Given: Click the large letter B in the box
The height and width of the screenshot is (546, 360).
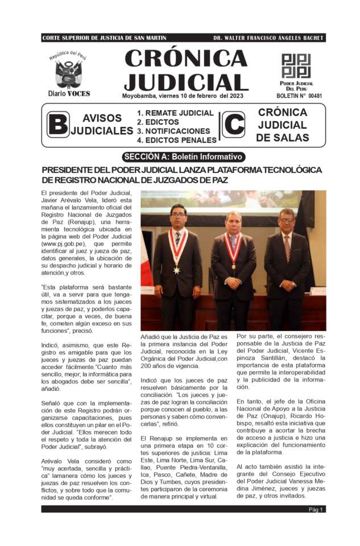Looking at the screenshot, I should click(57, 125).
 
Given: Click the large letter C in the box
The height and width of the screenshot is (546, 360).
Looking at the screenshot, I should click(233, 125).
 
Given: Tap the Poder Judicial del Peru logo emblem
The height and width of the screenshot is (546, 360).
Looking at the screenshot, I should click(296, 66).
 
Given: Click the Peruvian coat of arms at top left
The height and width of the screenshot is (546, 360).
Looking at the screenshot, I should click(68, 73).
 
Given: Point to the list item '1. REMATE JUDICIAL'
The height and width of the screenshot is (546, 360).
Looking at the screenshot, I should click(175, 113).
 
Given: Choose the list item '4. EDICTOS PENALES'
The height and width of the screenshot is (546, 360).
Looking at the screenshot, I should click(176, 140).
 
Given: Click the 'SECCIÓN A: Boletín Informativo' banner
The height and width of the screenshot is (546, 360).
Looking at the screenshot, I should click(184, 157).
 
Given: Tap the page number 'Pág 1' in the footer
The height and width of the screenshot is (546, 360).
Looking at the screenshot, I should click(316, 510).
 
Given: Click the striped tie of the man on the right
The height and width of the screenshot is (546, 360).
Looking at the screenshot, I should click(287, 248).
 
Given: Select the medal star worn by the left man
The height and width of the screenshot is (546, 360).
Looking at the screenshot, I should click(177, 270).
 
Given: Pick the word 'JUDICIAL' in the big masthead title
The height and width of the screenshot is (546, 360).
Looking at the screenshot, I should click(185, 82).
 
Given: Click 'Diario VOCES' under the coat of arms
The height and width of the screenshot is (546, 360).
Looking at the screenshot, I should click(68, 94).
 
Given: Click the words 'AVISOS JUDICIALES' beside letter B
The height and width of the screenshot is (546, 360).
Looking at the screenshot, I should click(102, 125).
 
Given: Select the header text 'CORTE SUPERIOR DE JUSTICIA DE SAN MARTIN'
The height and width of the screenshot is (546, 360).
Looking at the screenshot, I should click(104, 38).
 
